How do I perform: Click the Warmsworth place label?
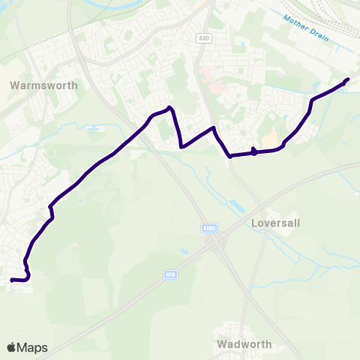pyautogui.click(x=43, y=85)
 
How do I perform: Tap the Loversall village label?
pyautogui.click(x=275, y=223)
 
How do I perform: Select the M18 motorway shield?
pyautogui.click(x=170, y=276)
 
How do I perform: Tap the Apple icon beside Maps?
pyautogui.click(x=11, y=346)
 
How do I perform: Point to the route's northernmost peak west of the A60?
pyautogui.click(x=171, y=108)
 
